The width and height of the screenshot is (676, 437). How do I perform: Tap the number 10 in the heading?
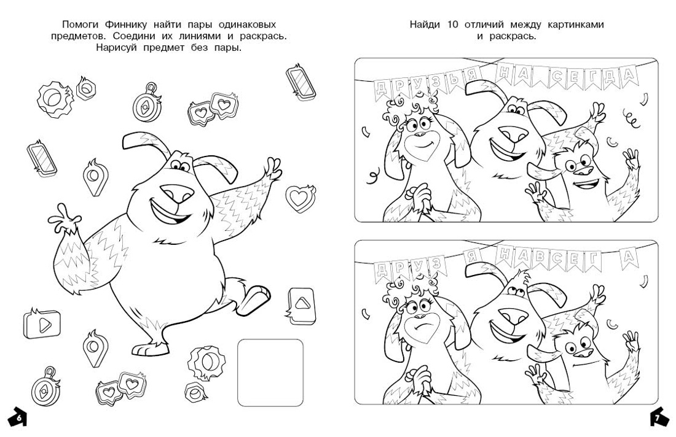pyautogui.click(x=452, y=25)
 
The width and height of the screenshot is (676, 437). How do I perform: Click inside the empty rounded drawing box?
pyautogui.click(x=270, y=373)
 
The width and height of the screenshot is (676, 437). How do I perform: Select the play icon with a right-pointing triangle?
pyautogui.click(x=42, y=324)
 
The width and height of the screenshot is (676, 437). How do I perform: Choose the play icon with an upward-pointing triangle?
pyautogui.click(x=301, y=305)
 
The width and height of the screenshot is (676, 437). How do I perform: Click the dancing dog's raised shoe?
pyautogui.click(x=254, y=300)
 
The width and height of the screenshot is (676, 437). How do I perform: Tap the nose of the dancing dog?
pyautogui.click(x=176, y=193)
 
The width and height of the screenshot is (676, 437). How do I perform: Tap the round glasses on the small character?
pyautogui.click(x=578, y=164)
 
